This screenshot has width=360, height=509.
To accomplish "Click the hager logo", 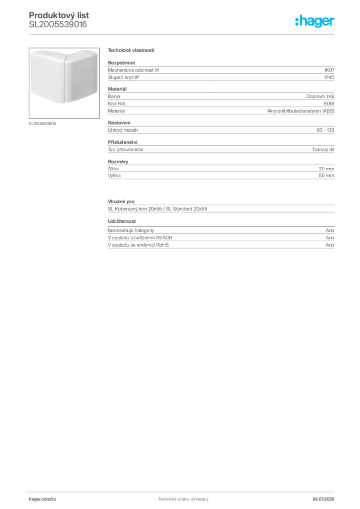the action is pos(315,21).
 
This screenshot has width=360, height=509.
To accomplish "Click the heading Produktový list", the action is pos(59,15).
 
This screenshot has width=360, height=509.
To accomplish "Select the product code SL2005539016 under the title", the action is pos(58,25).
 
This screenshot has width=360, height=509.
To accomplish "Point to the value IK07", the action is pos(329,70).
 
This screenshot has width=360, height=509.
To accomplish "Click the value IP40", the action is pos(329,77).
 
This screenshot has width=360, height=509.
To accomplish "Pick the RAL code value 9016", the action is pos(329,103).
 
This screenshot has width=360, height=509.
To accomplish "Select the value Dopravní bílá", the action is pos(320,96).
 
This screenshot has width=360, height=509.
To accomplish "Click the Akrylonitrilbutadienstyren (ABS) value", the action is pos(301,111).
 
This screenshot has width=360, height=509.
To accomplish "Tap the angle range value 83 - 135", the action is pos(325,130).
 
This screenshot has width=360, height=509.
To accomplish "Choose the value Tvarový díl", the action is pos(323,149).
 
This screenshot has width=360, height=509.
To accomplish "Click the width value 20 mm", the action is pos(326,169).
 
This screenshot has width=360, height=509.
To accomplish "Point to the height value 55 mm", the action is pos(326,175).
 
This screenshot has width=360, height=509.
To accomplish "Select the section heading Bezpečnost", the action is pos(121,63).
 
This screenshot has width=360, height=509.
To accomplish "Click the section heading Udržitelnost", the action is pos(122,221).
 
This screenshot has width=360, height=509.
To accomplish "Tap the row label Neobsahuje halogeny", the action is pos(131,230).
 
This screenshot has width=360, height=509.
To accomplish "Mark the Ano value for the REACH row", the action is pos(330,237).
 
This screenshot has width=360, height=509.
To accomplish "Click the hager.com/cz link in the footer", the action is pos(43,499).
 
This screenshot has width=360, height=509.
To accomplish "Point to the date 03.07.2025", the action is pos(323,499).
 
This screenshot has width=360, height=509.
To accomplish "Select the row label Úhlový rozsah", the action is pos(123,130).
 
